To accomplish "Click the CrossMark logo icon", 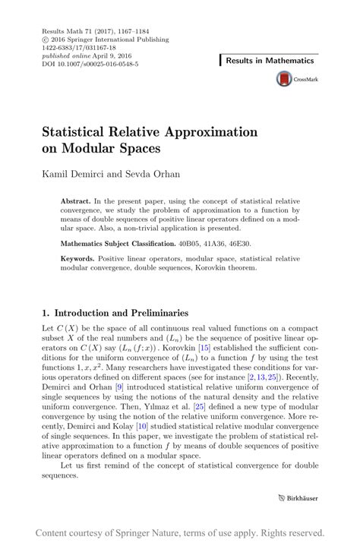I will [x=285, y=78].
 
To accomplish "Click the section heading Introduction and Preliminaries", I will [x=124, y=312].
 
